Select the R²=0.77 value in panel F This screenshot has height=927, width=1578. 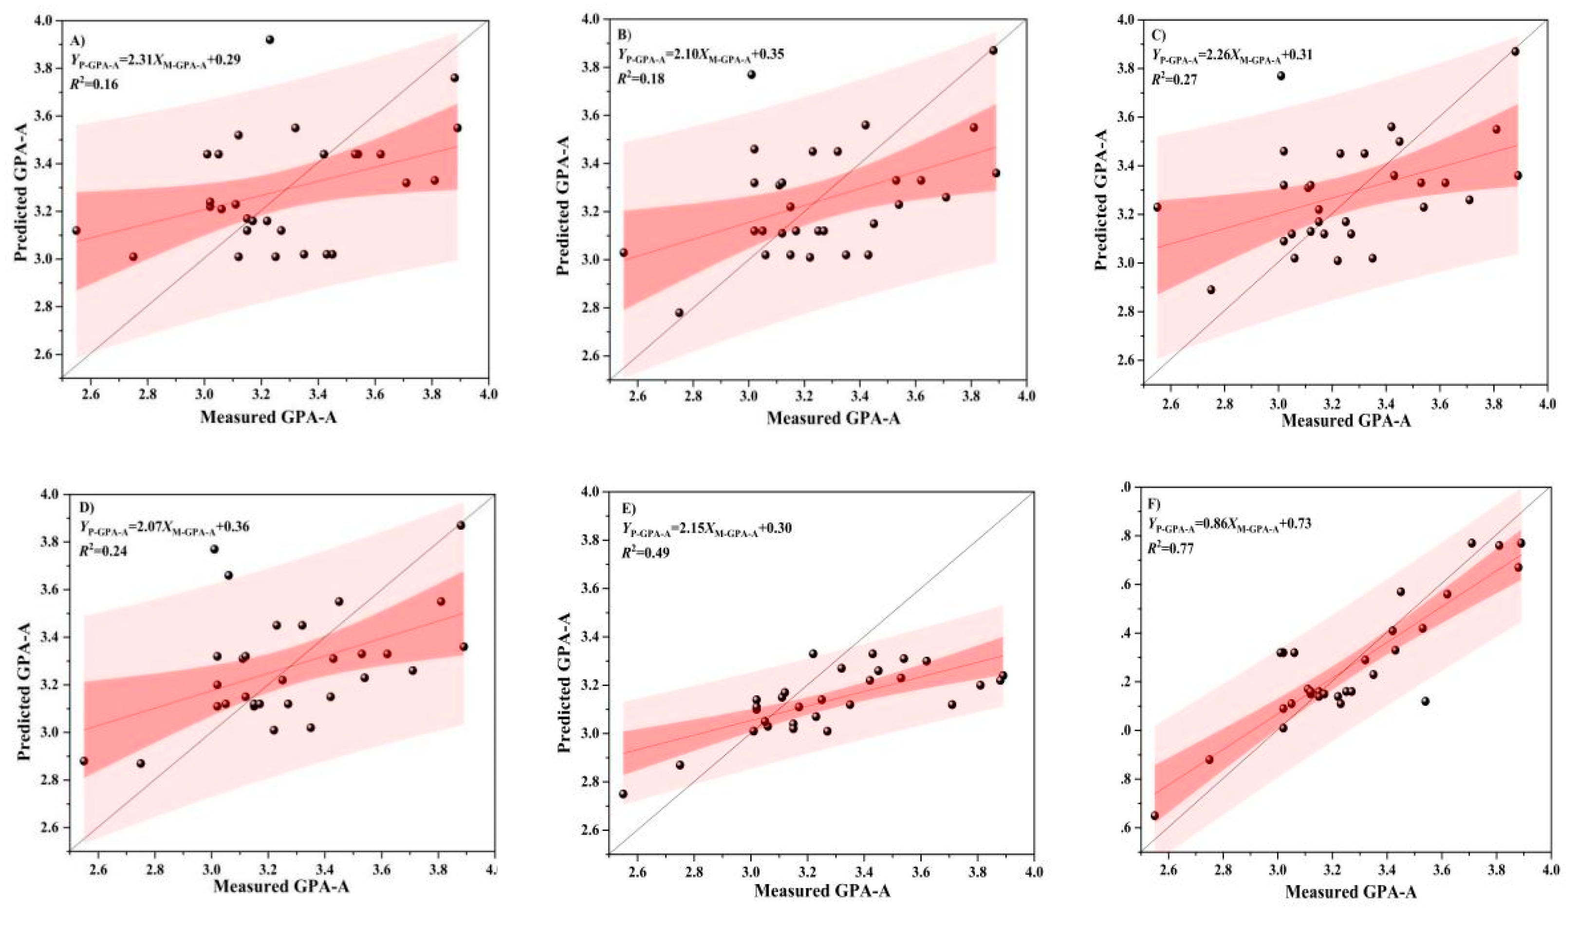tap(1170, 549)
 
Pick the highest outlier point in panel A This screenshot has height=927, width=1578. tap(270, 39)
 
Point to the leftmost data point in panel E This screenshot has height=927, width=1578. tap(623, 794)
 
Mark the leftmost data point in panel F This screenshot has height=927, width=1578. tap(1155, 816)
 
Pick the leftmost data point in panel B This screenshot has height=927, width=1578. tap(624, 252)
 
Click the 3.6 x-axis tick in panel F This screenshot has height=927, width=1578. tap(1440, 871)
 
